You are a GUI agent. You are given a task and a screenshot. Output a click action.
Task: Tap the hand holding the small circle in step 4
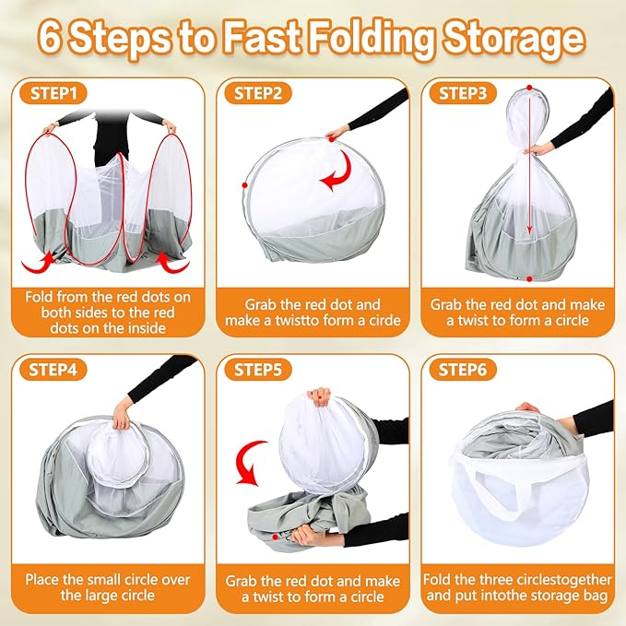(120, 416)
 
